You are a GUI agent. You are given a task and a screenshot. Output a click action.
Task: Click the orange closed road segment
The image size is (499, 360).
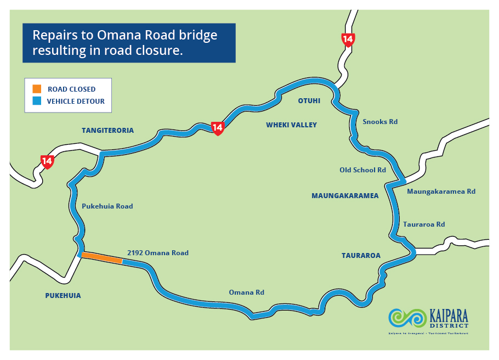(x=102, y=258)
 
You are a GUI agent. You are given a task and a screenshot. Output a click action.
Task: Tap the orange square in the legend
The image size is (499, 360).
(x=37, y=89)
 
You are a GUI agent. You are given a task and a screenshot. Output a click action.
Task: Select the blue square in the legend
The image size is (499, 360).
(x=37, y=101)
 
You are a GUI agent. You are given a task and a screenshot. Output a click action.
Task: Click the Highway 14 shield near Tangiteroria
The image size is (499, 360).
(x=47, y=161)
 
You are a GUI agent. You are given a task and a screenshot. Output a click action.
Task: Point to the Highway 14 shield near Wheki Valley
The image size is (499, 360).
(x=218, y=128)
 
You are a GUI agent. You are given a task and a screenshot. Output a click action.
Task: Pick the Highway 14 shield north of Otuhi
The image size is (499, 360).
(x=348, y=40)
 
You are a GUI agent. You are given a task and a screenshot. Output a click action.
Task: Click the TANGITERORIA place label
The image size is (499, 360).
(x=107, y=131)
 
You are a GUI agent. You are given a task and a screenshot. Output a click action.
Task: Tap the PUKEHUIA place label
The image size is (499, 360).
(x=63, y=295)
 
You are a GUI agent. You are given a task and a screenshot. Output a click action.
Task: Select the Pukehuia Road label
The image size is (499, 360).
(x=107, y=206)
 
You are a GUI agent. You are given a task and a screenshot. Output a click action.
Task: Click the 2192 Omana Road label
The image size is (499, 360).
(x=157, y=253)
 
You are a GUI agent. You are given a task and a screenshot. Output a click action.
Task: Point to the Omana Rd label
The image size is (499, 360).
(x=246, y=292)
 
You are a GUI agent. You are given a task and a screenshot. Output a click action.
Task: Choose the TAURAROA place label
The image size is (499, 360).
(x=361, y=255)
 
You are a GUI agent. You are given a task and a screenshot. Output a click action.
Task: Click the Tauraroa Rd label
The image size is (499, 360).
(x=423, y=224)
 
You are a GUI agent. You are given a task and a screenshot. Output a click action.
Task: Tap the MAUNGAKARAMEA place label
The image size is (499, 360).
(x=345, y=195)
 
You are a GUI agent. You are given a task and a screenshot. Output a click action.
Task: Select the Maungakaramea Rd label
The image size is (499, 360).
(x=441, y=192)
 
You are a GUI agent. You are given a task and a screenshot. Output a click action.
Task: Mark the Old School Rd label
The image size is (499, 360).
(x=362, y=170)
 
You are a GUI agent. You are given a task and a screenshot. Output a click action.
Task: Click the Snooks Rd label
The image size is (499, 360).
(x=380, y=121)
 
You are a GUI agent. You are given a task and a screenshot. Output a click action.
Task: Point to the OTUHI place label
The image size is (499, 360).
(x=309, y=101)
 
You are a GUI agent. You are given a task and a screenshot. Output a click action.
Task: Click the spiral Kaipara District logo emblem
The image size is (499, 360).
(x=407, y=318)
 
